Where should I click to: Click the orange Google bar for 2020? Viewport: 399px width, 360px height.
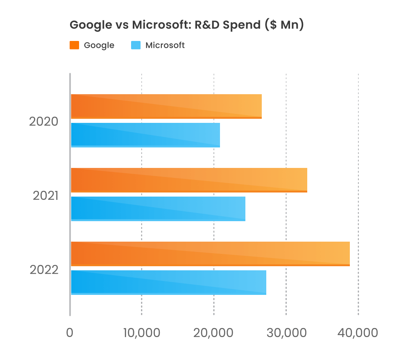[166, 106]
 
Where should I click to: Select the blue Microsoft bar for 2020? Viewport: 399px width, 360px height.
[145, 135]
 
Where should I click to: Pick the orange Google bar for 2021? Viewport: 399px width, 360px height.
[189, 180]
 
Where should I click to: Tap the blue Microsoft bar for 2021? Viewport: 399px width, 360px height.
[158, 208]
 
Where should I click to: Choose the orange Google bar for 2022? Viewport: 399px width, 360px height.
[210, 254]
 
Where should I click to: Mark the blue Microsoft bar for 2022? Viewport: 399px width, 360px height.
[168, 282]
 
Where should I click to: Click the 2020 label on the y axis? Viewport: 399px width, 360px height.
[44, 122]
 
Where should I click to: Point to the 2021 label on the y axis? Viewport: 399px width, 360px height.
[45, 196]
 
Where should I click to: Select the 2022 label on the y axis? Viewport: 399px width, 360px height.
[44, 270]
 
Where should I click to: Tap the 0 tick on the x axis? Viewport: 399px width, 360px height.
[70, 333]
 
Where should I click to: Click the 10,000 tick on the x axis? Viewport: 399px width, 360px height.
[142, 333]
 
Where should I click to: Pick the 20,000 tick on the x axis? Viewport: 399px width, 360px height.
[214, 333]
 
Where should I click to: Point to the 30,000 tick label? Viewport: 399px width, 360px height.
[286, 333]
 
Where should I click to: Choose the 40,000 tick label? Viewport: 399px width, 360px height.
[358, 333]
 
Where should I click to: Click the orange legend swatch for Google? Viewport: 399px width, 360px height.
[74, 45]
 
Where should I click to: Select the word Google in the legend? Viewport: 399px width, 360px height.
[99, 45]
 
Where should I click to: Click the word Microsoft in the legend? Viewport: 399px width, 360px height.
[165, 45]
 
